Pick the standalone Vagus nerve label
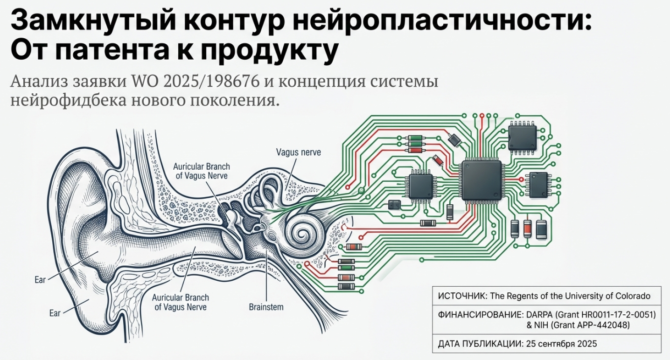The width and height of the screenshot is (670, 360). [x=299, y=152]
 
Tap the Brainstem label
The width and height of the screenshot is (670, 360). [x=266, y=307]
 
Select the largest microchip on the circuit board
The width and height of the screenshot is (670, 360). [x=481, y=180]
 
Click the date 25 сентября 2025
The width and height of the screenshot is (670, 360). [x=561, y=344]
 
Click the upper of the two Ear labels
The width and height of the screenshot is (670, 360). [x=40, y=280]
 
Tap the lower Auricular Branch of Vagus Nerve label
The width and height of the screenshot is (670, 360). [x=181, y=302]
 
